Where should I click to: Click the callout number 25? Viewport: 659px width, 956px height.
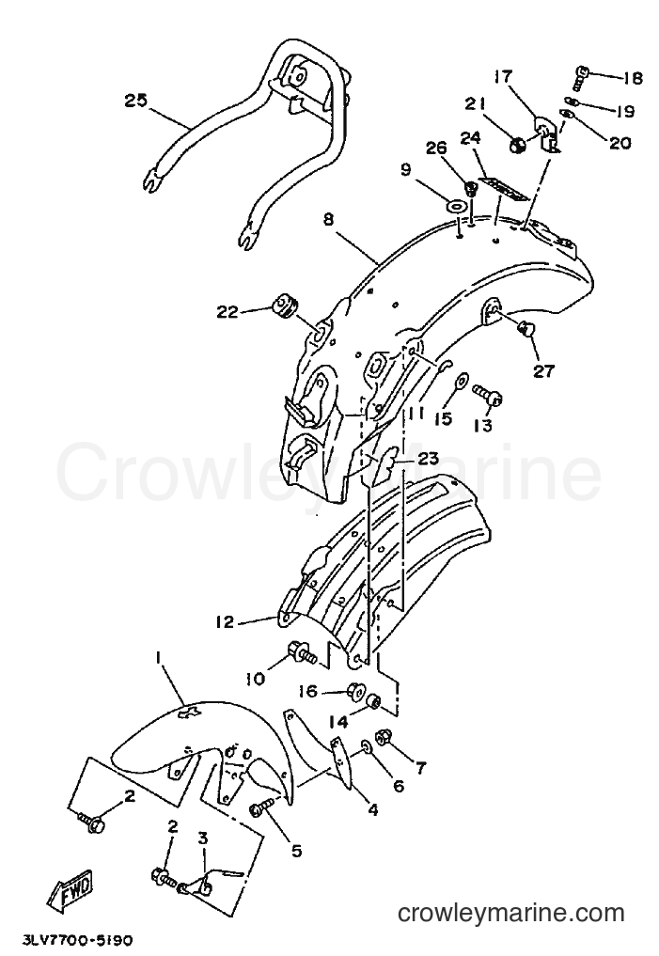tap(136, 100)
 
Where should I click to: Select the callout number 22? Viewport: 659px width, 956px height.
tap(228, 311)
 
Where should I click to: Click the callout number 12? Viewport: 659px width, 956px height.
tap(224, 622)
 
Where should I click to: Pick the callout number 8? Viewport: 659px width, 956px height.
tap(329, 219)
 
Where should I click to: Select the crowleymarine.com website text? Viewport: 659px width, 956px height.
tap(510, 914)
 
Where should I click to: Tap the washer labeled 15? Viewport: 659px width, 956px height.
tap(461, 381)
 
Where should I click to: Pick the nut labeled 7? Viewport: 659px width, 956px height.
tap(384, 739)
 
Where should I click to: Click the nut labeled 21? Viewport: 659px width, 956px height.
tap(519, 146)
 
